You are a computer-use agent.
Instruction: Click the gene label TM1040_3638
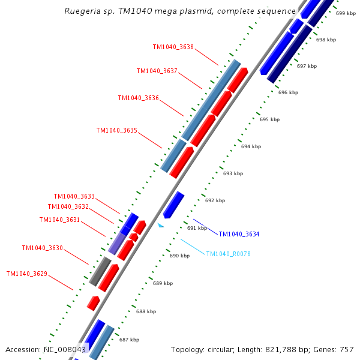pos(173,47)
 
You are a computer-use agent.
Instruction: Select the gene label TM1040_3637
pos(157,71)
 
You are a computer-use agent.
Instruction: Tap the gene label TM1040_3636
pos(138,98)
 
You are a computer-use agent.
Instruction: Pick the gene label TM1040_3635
pos(117,130)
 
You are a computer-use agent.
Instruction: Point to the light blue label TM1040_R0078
pos(229,254)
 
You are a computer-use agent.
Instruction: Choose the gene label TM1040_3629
pos(26,274)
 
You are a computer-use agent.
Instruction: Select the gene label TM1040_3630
pos(42,248)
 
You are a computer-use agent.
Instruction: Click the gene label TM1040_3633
pos(74,196)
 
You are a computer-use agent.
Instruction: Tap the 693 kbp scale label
pos(233,173)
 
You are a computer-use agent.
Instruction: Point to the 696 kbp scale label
pos(288,92)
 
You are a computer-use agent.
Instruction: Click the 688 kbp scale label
pos(146,311)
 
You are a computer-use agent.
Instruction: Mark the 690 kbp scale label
pos(179,256)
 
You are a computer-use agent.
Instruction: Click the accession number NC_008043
pos(65,349)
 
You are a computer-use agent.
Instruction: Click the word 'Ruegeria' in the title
pos(83,11)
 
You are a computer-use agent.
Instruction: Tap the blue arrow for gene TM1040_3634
pos(173,205)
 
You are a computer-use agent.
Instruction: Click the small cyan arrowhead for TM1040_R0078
pos(160,226)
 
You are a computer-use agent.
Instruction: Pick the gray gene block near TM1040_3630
pos(100,271)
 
